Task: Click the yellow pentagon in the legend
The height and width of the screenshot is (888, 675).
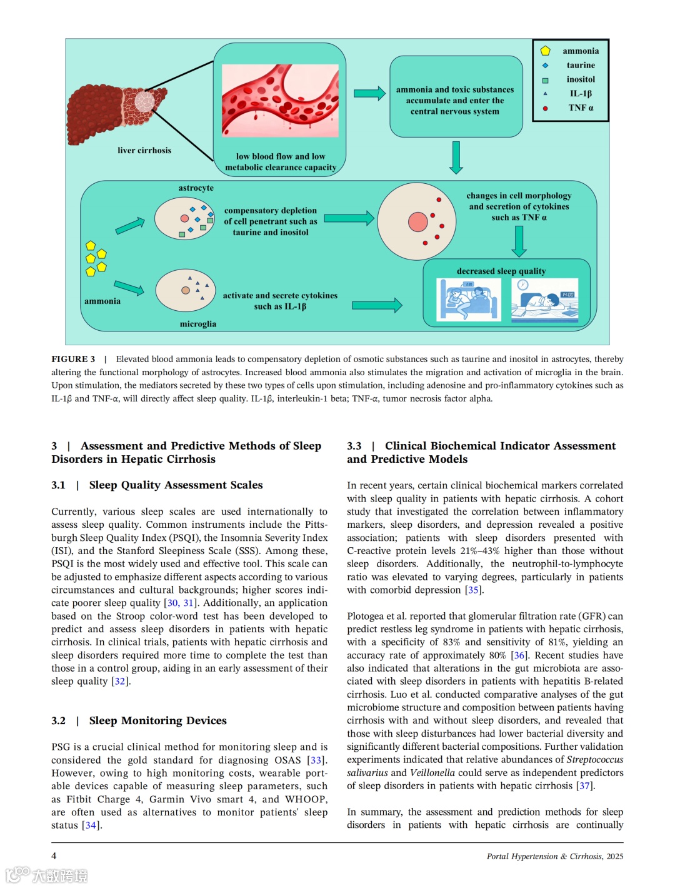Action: (x=545, y=51)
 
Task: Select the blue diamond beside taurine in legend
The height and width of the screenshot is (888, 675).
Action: (x=545, y=65)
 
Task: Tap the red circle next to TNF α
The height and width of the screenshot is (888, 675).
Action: (x=545, y=108)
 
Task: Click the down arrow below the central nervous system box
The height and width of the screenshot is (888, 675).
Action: (x=456, y=158)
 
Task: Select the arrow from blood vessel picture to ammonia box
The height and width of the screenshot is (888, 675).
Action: (x=369, y=93)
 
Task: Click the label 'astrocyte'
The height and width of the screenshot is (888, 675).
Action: (x=196, y=188)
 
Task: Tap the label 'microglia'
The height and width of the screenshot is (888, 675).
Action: (x=197, y=324)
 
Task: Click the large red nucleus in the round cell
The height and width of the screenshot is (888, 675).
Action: (x=417, y=221)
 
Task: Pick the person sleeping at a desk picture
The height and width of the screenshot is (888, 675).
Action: (x=544, y=300)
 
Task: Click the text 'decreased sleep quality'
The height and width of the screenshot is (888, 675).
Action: (x=501, y=271)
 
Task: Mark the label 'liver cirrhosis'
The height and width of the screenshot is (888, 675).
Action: (x=144, y=150)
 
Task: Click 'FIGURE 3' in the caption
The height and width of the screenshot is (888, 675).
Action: (x=73, y=359)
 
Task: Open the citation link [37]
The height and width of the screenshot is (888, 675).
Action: (x=584, y=785)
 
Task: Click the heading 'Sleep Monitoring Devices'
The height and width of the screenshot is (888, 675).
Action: (x=157, y=720)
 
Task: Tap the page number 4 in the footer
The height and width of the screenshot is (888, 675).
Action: (x=54, y=855)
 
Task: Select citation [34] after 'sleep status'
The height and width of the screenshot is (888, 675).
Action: (x=91, y=825)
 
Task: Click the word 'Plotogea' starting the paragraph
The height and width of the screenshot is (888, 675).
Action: (x=367, y=616)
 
